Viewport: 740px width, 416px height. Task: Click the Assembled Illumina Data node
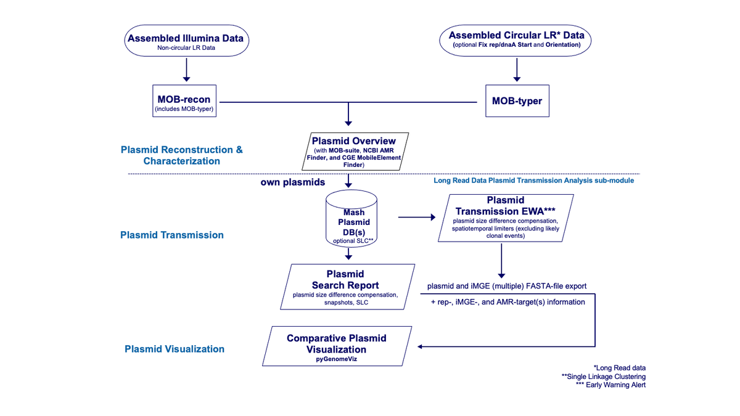pos(185,41)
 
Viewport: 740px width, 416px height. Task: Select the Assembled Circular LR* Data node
pos(517,40)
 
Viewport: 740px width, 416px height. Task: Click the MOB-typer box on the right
pos(517,100)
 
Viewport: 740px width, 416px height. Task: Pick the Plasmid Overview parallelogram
pos(354,150)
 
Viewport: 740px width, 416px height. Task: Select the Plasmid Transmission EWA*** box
pos(505,217)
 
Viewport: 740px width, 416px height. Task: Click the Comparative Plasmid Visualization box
pos(337,346)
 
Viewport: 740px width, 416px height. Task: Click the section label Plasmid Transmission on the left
pos(172,235)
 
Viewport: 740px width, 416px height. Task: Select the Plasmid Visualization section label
pos(175,349)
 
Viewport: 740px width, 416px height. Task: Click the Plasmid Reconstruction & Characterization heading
pos(182,155)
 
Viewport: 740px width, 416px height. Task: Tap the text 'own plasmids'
pos(293,184)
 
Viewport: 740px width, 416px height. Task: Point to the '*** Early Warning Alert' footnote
pos(610,385)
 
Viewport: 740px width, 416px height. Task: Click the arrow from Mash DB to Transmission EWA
pos(417,217)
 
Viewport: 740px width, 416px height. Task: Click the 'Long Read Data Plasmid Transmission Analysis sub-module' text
pos(533,181)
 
